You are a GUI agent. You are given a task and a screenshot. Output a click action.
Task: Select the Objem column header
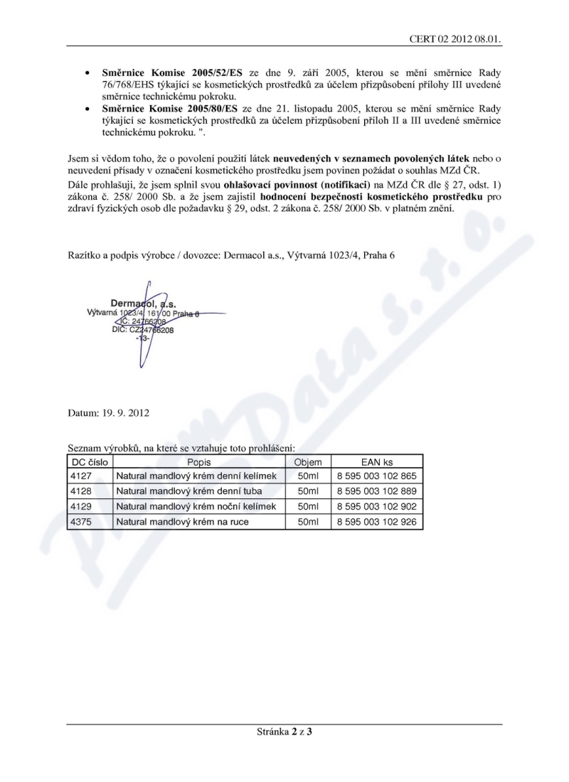click(308, 462)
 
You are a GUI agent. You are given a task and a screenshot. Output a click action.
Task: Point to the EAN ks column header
click(377, 462)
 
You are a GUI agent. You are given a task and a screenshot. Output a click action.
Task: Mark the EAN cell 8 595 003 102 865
click(377, 476)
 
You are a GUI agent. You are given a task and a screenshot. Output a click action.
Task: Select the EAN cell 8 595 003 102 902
click(377, 507)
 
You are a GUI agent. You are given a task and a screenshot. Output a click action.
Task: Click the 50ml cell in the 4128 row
click(308, 491)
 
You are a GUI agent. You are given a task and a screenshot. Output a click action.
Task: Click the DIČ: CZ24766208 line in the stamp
click(143, 330)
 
